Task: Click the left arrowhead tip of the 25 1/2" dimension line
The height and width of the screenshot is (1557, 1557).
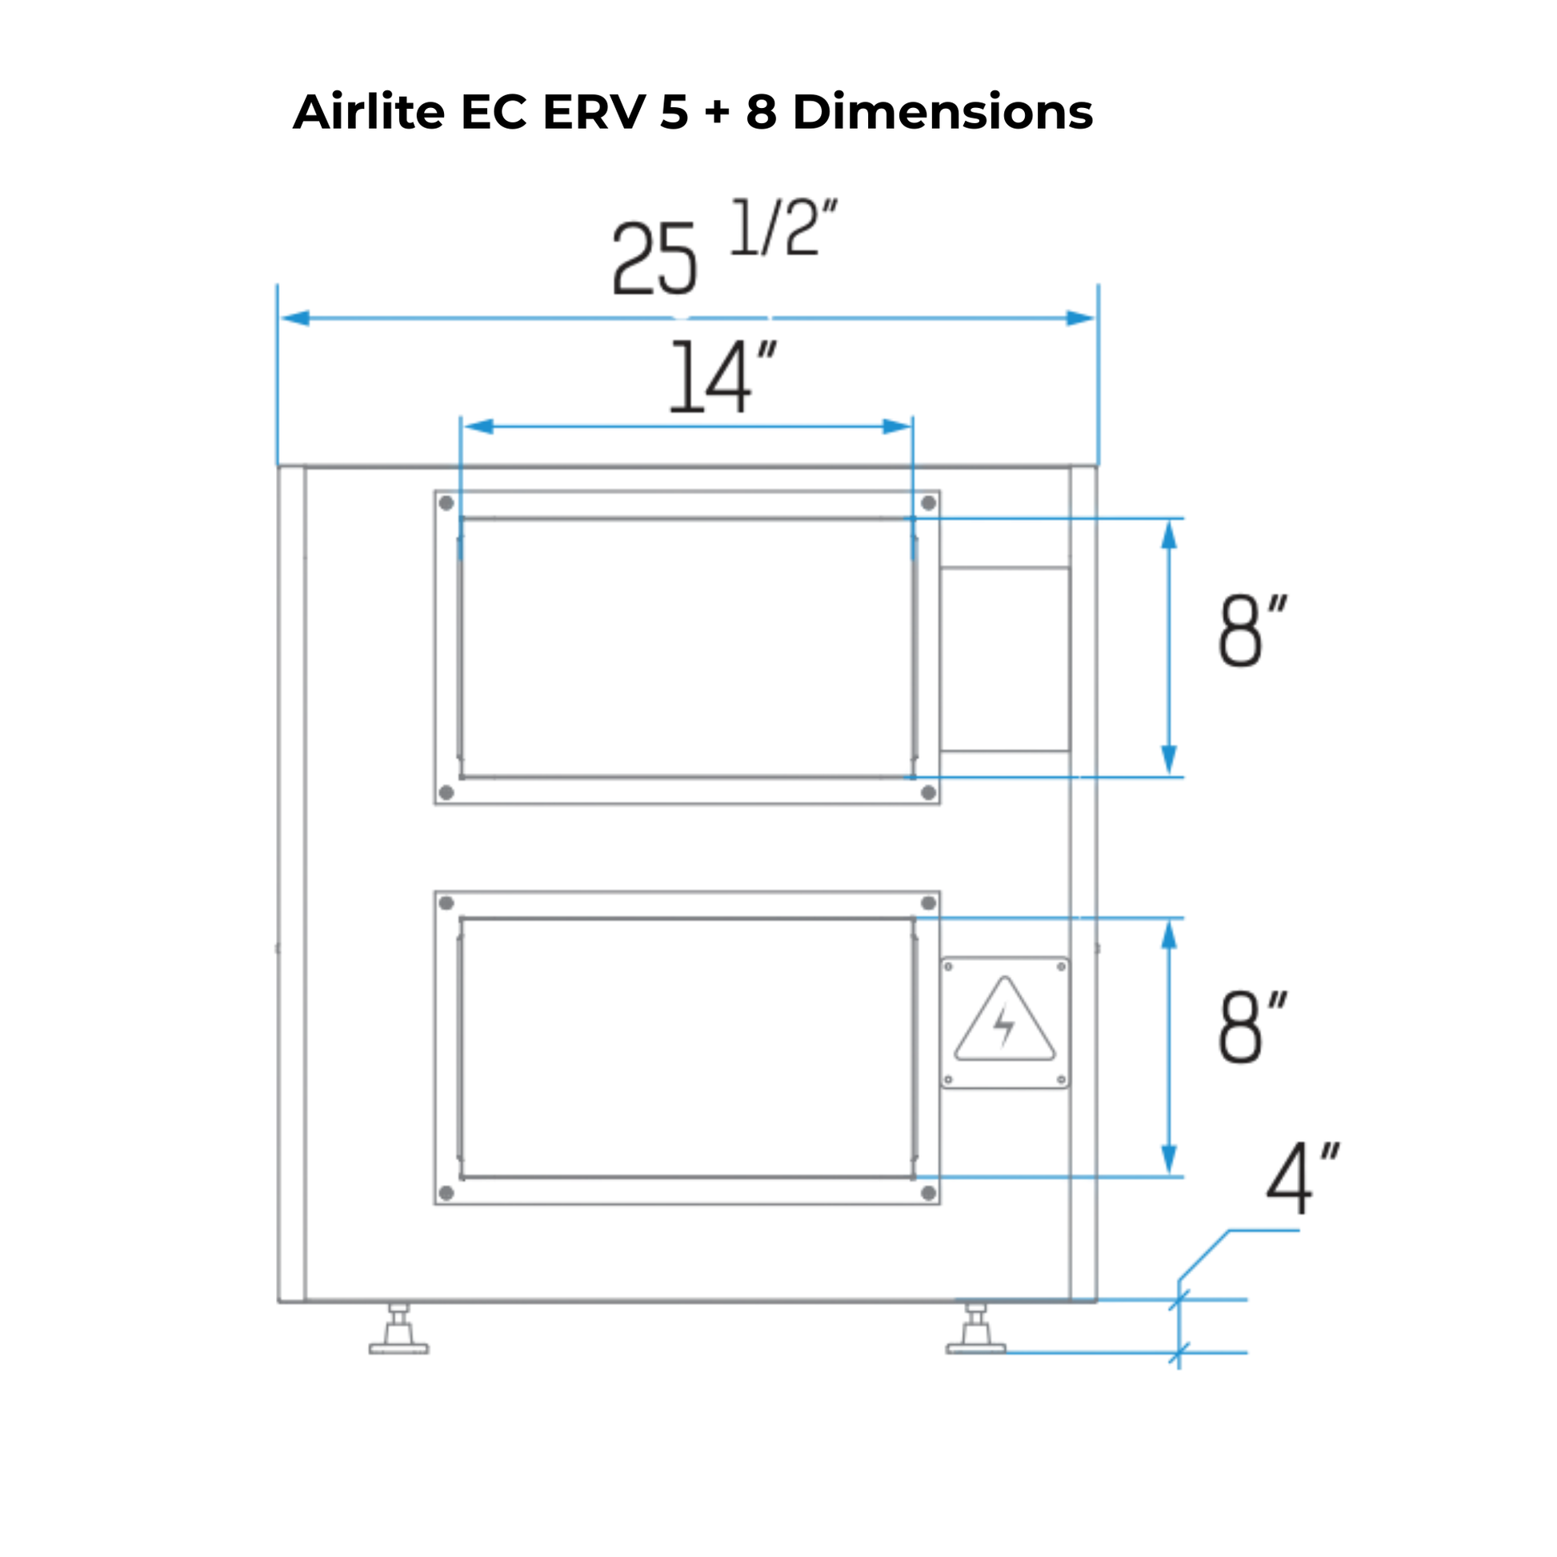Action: pyautogui.click(x=280, y=318)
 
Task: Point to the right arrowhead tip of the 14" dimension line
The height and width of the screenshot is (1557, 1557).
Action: pyautogui.click(x=911, y=426)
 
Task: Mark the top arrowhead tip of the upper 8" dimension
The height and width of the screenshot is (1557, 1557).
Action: pyautogui.click(x=1170, y=520)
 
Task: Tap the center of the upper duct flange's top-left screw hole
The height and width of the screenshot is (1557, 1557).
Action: pyautogui.click(x=446, y=504)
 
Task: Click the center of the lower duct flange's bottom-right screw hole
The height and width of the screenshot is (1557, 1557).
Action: pyautogui.click(x=928, y=1193)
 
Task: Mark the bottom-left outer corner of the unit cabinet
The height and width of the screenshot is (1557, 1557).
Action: pyautogui.click(x=279, y=1302)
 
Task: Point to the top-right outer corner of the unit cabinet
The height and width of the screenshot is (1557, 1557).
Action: pyautogui.click(x=1097, y=466)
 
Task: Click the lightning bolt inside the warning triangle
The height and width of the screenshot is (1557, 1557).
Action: pyautogui.click(x=1004, y=1026)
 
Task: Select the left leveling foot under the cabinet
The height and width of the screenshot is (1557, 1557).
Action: pyautogui.click(x=399, y=1328)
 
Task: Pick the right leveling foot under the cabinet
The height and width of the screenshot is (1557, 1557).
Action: pyautogui.click(x=976, y=1328)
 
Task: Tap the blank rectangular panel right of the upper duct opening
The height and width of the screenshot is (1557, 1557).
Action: pyautogui.click(x=1005, y=659)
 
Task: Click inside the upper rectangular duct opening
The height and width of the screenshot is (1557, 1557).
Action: pyautogui.click(x=687, y=648)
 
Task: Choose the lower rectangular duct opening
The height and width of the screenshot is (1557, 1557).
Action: pyautogui.click(x=687, y=1047)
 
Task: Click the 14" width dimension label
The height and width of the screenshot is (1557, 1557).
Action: pyautogui.click(x=724, y=376)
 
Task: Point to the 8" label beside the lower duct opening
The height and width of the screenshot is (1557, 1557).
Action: pyautogui.click(x=1252, y=1027)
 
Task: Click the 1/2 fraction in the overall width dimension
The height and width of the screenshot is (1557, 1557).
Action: pyautogui.click(x=784, y=228)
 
